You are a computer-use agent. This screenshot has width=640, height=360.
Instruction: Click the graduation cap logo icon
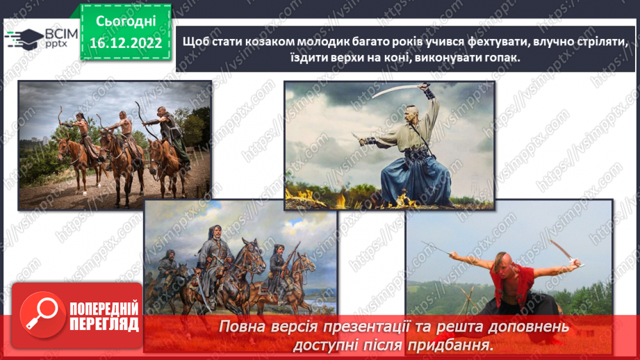tap(22, 38)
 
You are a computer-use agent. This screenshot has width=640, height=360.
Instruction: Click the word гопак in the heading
tap(500, 59)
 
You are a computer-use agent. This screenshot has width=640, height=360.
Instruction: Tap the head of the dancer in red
tap(501, 263)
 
